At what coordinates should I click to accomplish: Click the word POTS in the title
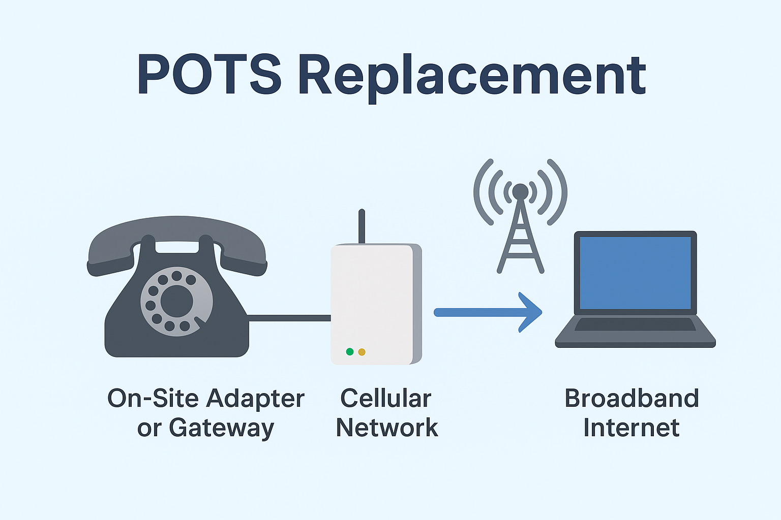209,74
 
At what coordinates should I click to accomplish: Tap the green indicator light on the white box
350,352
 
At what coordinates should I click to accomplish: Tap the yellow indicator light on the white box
362,352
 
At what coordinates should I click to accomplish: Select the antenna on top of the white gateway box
362,226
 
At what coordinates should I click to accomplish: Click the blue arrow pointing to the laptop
488,312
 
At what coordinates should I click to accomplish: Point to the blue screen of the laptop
635,273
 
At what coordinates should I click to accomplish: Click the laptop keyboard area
635,324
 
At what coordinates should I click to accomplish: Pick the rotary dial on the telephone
177,302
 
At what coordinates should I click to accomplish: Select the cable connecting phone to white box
289,318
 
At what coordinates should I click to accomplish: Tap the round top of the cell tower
520,191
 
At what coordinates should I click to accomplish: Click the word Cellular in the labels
385,398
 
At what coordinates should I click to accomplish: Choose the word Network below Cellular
387,428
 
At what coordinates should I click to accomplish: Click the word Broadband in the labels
632,398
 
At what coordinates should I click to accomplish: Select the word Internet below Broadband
632,428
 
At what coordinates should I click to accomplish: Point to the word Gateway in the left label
222,429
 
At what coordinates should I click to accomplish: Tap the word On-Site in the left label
153,398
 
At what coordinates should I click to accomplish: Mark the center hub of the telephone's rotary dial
177,301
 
